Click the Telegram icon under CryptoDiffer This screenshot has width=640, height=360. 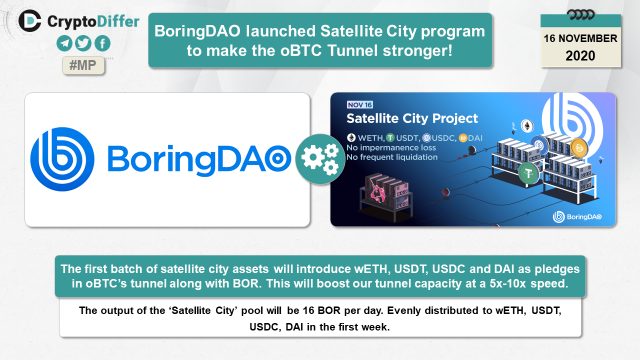(x=64, y=43)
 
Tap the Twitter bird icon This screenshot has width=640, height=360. (x=83, y=43)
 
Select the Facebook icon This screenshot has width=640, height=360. (x=102, y=43)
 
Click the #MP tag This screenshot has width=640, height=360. (x=83, y=65)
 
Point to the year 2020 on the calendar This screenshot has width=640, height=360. (x=580, y=55)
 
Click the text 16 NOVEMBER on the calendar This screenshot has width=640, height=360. (x=580, y=38)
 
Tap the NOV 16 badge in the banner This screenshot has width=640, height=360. (x=359, y=105)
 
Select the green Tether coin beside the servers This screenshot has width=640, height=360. (x=528, y=173)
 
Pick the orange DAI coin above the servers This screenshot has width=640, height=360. (x=579, y=148)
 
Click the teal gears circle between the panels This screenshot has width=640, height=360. (x=320, y=159)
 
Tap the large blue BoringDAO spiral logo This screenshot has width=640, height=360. (x=62, y=159)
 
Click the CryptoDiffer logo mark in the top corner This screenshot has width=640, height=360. (x=30, y=21)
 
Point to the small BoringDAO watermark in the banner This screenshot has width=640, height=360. (x=577, y=217)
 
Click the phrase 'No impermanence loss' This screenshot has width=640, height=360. (x=391, y=147)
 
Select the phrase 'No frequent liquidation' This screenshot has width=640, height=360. (x=392, y=157)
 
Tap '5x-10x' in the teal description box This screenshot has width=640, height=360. (x=507, y=283)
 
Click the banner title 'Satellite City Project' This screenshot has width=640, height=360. (x=412, y=118)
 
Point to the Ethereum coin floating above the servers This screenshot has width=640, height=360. (x=527, y=126)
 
